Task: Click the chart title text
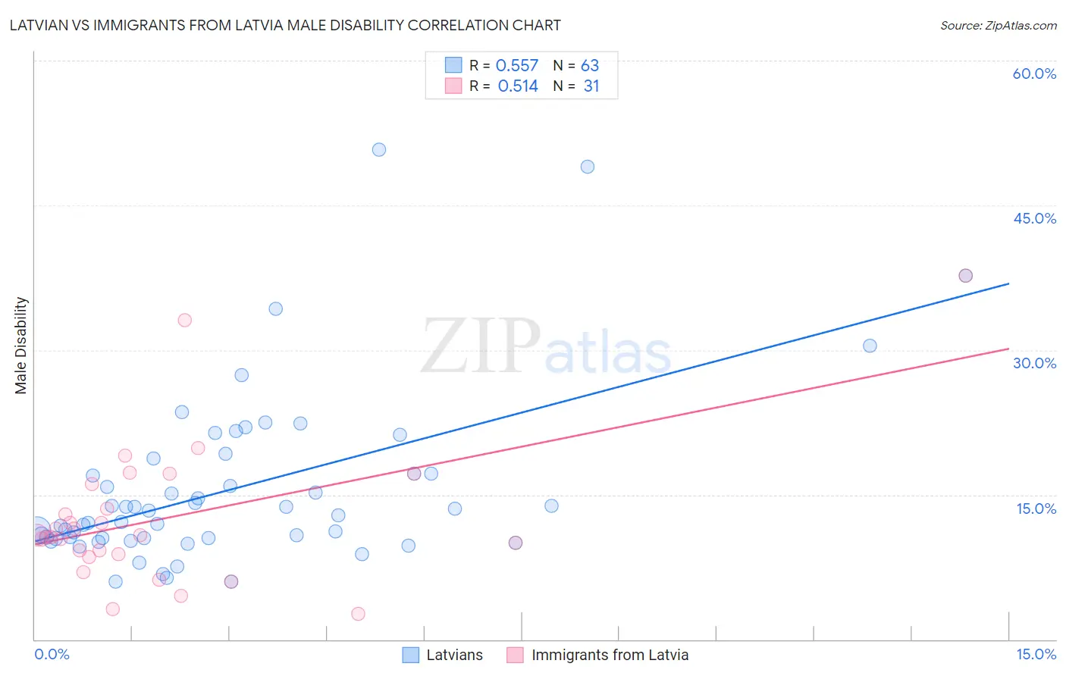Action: [285, 25]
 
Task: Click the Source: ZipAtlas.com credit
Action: [998, 25]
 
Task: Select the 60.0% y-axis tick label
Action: [1034, 74]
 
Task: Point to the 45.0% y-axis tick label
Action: [1034, 218]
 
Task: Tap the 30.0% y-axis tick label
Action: [1034, 363]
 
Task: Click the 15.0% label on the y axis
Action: [1036, 509]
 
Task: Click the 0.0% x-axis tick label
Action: [52, 654]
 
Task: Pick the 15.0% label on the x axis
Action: [1036, 654]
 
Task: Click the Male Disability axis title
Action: [21, 345]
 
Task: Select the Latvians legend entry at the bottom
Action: [443, 655]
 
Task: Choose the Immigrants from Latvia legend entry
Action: [598, 655]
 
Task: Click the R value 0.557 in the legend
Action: [517, 66]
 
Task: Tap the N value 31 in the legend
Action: [591, 86]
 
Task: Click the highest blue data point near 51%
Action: [379, 150]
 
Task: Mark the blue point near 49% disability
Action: [588, 167]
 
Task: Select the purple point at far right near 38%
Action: [965, 276]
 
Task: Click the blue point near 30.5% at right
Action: [870, 346]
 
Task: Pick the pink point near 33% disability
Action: [184, 320]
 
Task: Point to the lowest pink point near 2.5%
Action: [358, 614]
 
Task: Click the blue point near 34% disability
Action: [276, 308]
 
